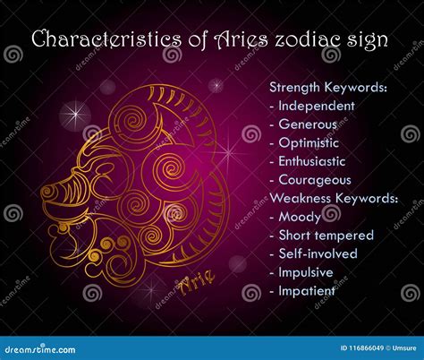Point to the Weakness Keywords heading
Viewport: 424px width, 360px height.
[x=334, y=199]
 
